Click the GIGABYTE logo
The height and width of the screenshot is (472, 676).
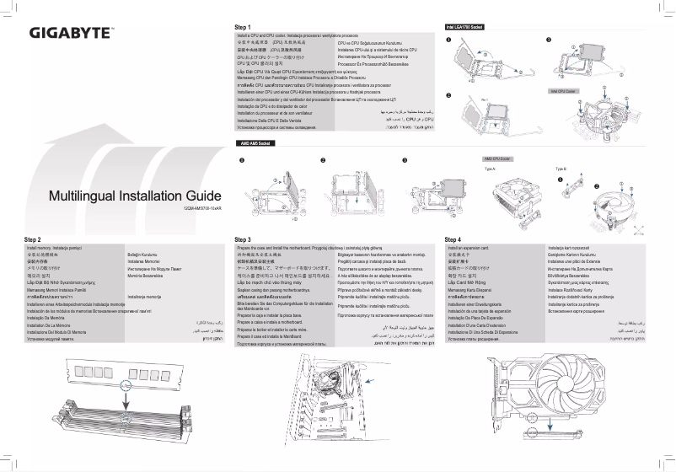pyautogui.click(x=72, y=35)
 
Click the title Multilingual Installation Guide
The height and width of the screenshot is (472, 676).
pyautogui.click(x=128, y=196)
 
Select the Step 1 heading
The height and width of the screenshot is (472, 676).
pyautogui.click(x=244, y=26)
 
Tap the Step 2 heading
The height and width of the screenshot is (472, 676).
pyautogui.click(x=33, y=240)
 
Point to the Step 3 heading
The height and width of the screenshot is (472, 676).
pyautogui.click(x=244, y=240)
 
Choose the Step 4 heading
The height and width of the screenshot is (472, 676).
pyautogui.click(x=453, y=240)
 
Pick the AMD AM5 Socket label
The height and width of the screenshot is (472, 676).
pyautogui.click(x=254, y=144)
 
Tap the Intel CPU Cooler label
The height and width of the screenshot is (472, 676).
pyautogui.click(x=562, y=89)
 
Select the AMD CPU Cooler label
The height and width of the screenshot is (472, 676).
pyautogui.click(x=499, y=158)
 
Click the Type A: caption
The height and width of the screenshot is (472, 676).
pyautogui.click(x=491, y=169)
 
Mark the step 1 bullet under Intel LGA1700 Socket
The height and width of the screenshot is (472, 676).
pyautogui.click(x=448, y=40)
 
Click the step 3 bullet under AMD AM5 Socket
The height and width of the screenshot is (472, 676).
pyautogui.click(x=405, y=158)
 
